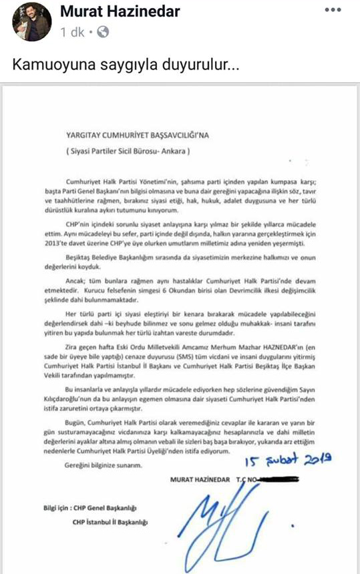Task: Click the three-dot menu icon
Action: (333, 11)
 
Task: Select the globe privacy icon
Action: (105, 32)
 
